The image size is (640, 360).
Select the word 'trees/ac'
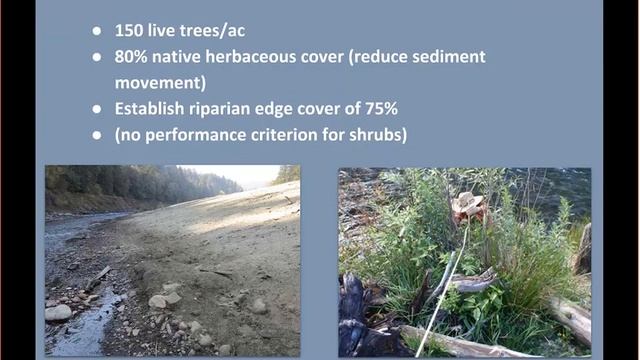pyautogui.click(x=215, y=30)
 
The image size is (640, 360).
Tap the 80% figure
pyautogui.click(x=134, y=57)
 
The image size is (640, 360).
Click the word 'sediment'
pyautogui.click(x=447, y=57)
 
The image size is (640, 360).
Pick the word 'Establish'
pyautogui.click(x=156, y=109)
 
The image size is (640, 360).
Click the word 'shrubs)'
pyautogui.click(x=377, y=135)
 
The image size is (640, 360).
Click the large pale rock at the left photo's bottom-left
pyautogui.click(x=59, y=312)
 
